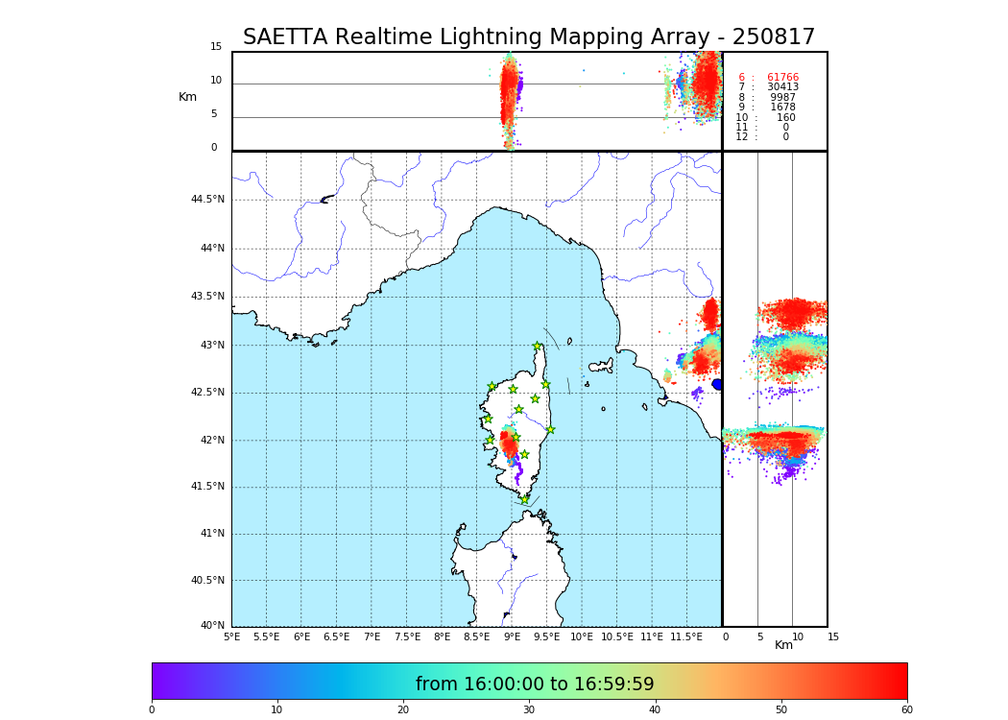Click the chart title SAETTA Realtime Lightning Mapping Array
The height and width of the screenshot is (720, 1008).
click(x=528, y=37)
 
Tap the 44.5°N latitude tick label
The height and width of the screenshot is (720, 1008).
click(x=207, y=200)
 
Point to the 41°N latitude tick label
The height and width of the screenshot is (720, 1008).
click(x=211, y=534)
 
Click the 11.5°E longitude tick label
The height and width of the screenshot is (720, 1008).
click(x=686, y=636)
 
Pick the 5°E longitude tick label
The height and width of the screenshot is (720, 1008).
click(x=232, y=636)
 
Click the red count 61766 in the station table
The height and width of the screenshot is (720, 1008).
click(x=782, y=78)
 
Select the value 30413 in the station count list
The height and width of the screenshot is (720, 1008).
click(x=782, y=87)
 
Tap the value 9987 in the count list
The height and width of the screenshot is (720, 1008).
click(x=783, y=98)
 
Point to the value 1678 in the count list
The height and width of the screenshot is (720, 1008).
click(x=783, y=108)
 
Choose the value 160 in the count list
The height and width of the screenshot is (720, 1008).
click(x=786, y=118)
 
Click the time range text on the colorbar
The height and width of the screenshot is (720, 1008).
click(x=535, y=684)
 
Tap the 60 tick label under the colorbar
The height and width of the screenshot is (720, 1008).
click(x=906, y=710)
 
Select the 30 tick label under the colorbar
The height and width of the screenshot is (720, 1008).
click(x=528, y=710)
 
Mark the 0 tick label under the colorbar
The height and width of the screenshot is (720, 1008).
click(x=152, y=710)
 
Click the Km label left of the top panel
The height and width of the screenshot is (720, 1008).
click(x=187, y=97)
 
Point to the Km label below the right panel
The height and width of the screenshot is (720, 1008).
click(x=783, y=645)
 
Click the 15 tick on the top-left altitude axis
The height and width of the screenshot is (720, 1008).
click(x=216, y=47)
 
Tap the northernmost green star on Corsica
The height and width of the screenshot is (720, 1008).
click(x=537, y=347)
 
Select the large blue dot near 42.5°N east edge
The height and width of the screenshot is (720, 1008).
click(x=717, y=384)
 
